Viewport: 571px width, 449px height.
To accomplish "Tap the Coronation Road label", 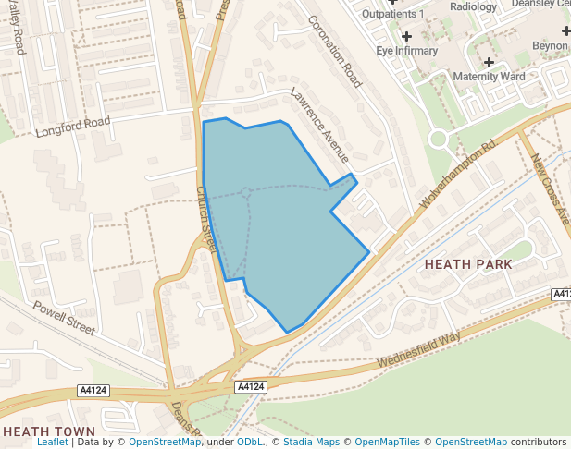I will coord(333,53).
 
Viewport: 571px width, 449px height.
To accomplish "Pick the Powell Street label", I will coord(65,317).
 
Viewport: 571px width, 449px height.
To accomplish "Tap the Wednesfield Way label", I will coord(419,349).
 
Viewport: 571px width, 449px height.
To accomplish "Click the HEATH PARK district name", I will coord(468,264).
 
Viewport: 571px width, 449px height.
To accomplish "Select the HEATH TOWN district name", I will coord(49,431).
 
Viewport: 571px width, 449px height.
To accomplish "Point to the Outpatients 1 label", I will coord(392,14).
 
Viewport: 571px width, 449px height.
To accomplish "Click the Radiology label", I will coord(473,6).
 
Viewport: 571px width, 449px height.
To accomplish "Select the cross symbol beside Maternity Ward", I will coord(489,62).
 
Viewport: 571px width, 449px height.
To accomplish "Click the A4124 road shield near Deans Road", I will coord(250,386).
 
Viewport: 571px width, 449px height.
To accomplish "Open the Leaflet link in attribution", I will coord(53,443).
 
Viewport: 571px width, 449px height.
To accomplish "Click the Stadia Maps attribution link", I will coord(310,443).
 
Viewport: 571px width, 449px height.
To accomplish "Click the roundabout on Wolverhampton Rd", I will coord(438,140).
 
